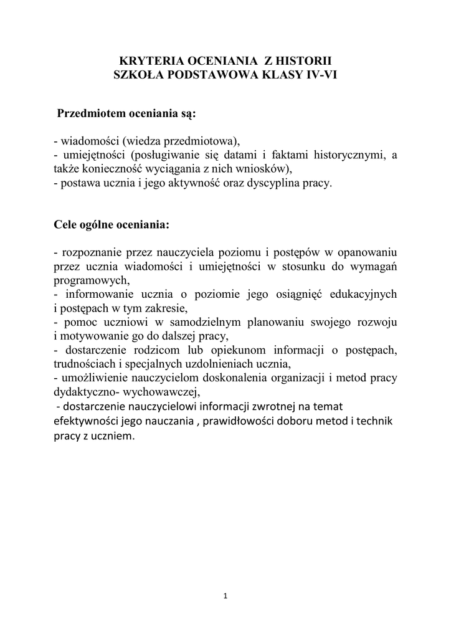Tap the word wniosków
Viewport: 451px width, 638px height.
pos(260,169)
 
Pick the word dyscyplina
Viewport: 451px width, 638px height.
pos(286,184)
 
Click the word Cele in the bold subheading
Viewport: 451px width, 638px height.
pos(67,224)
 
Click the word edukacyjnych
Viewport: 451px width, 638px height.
pos(362,294)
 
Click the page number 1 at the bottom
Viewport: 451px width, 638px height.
pos(225,597)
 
